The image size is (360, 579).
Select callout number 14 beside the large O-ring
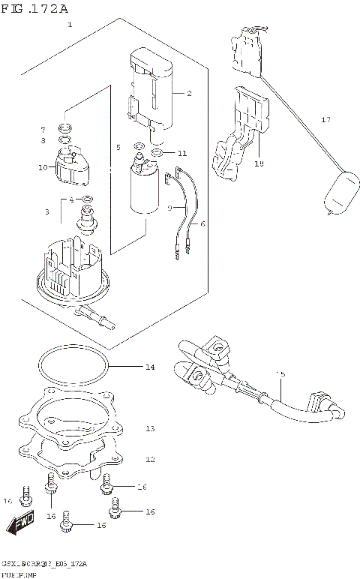tap(150, 367)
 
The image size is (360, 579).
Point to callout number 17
tap(325, 120)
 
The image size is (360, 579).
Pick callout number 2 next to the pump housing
tap(189, 94)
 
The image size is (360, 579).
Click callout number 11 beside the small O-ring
tap(182, 153)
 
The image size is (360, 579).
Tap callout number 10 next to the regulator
tap(43, 166)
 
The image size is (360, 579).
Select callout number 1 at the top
tap(70, 25)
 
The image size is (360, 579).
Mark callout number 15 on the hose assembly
tap(280, 374)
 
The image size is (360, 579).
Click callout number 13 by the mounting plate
tap(150, 428)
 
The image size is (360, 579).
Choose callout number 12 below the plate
tap(150, 458)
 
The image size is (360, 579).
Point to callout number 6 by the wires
tap(202, 223)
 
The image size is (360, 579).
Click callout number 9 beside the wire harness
tap(170, 208)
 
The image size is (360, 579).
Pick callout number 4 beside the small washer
tap(71, 199)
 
